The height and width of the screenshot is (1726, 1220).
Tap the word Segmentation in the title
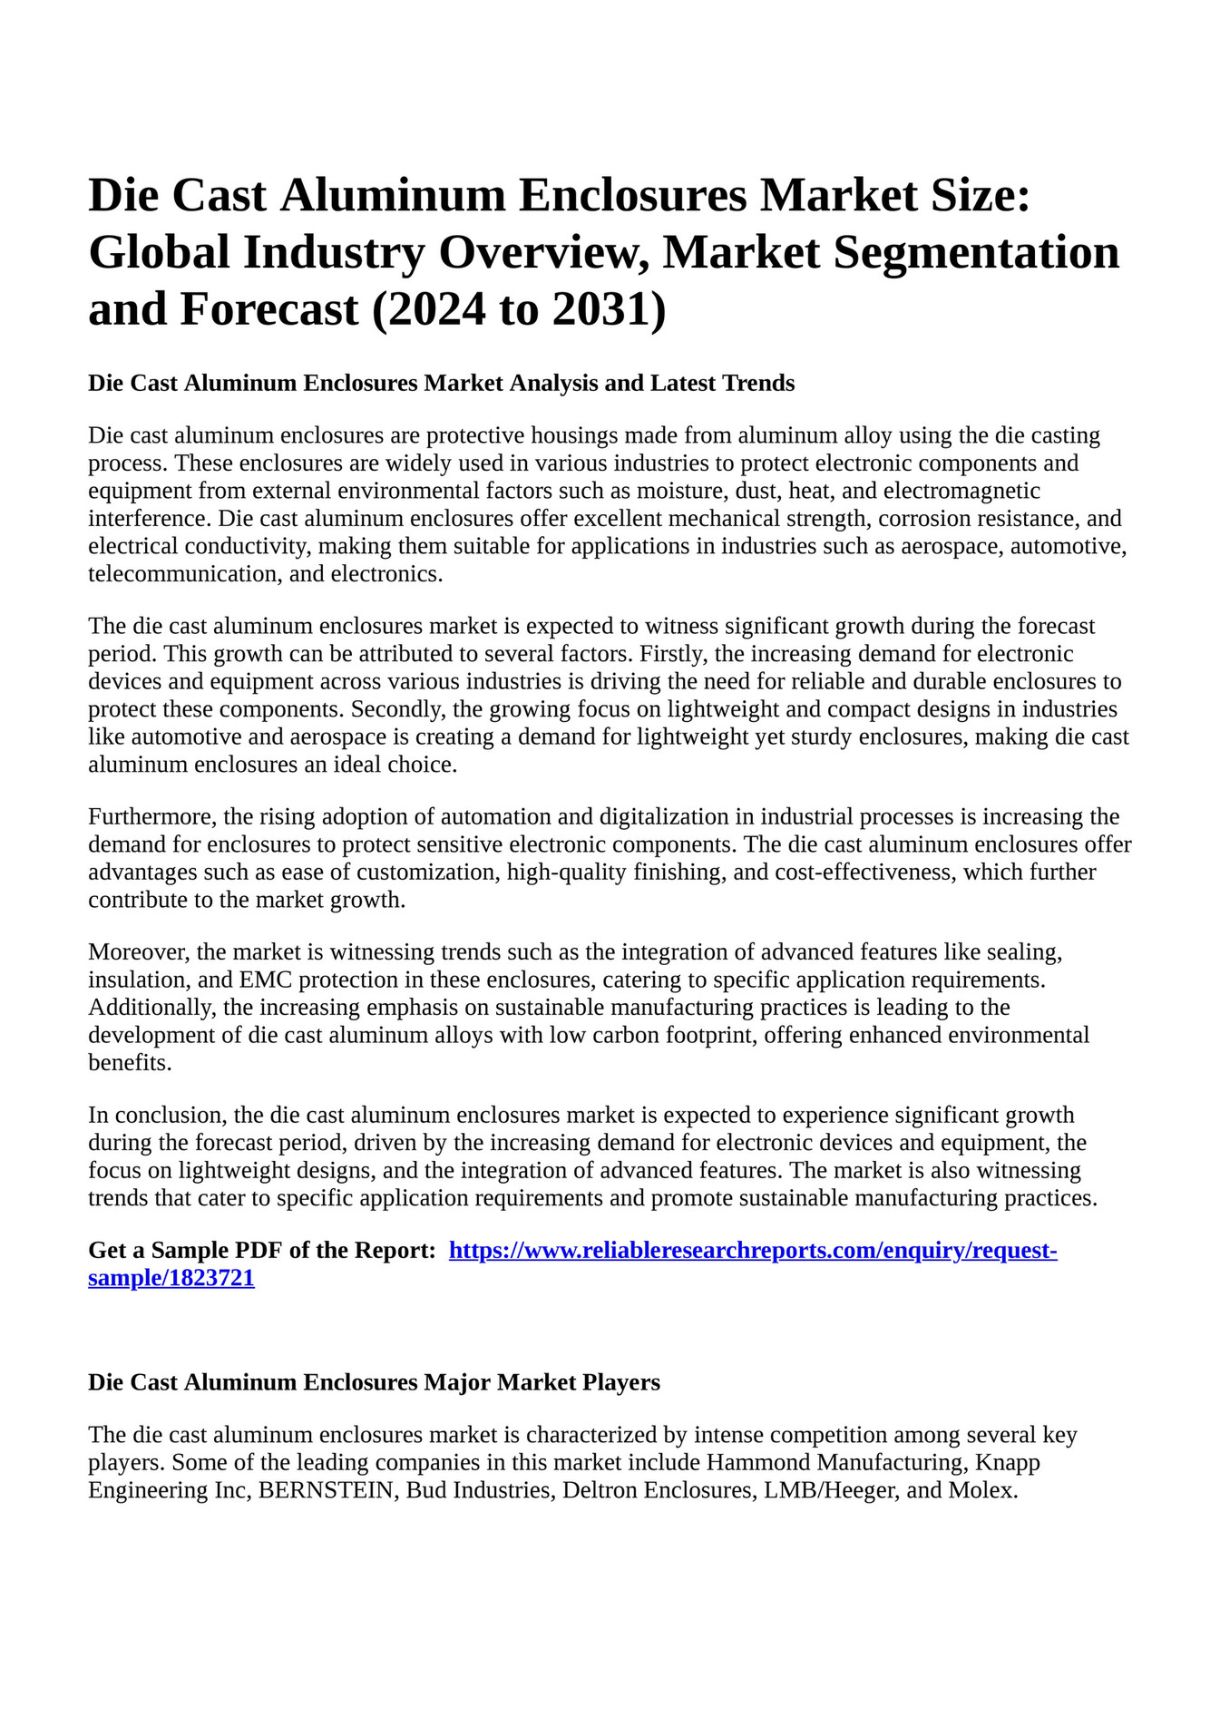click(976, 252)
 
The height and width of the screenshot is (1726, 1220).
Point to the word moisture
click(733, 491)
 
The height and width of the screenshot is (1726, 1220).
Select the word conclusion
click(171, 1116)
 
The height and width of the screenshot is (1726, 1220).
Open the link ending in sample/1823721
click(171, 1279)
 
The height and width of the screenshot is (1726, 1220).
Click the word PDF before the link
click(259, 1251)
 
